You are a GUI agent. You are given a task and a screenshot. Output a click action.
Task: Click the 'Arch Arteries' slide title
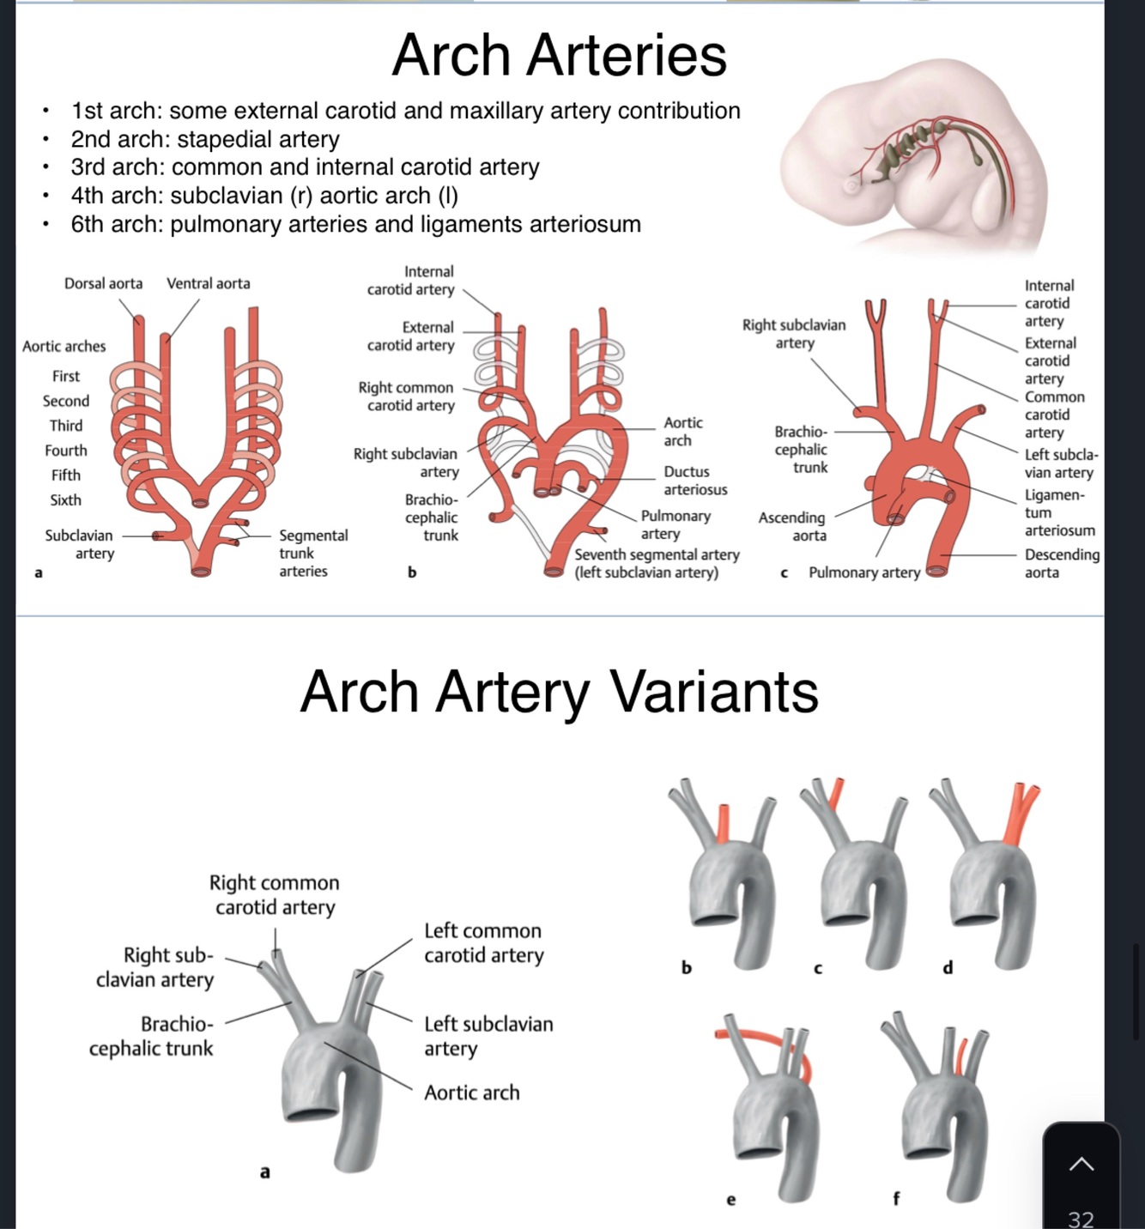coord(559,55)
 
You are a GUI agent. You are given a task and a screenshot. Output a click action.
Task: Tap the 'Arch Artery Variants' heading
coord(559,692)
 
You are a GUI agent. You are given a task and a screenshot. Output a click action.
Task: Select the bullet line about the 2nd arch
coord(205,139)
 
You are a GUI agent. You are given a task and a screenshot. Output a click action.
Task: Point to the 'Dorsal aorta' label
coord(103,283)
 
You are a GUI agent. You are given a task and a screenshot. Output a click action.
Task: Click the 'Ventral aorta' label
coord(209,283)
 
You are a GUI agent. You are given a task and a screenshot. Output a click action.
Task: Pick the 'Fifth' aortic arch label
coord(65,475)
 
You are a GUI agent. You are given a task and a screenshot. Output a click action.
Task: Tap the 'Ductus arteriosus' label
coord(694,481)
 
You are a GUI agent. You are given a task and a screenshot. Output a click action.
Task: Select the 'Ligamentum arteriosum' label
coord(1058,512)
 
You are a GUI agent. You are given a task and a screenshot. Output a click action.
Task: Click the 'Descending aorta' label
coord(1062,563)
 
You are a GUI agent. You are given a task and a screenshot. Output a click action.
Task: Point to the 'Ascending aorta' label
coord(791,526)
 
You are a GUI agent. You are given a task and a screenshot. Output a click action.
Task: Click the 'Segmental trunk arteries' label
coord(313,553)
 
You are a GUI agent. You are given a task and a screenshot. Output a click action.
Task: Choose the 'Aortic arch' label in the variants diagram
coord(472,1093)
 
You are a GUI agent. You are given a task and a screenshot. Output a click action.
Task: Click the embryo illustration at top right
coord(914,154)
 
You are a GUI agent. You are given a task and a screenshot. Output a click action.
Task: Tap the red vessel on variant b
coord(724,824)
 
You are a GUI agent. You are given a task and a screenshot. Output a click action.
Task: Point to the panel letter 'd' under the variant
coord(948,968)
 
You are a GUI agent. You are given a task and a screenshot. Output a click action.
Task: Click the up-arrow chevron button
coord(1081,1164)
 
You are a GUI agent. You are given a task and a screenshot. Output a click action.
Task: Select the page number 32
coord(1081,1219)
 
